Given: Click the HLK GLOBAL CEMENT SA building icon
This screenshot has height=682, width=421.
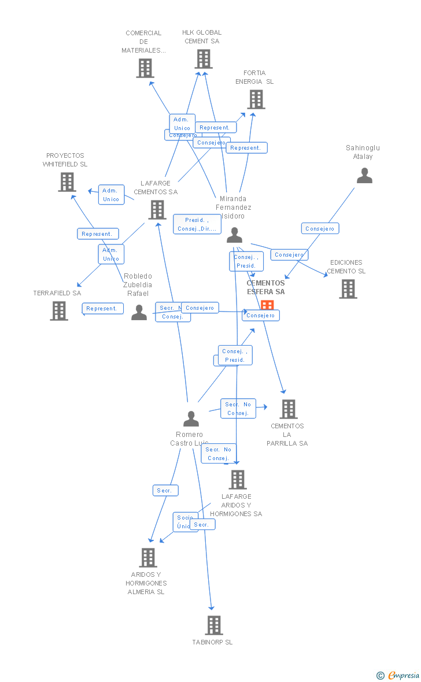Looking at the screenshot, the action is point(204,59).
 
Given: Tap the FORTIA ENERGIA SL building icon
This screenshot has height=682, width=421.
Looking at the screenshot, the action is point(256,99).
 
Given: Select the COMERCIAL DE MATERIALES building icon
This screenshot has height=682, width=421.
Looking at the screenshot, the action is point(145,68).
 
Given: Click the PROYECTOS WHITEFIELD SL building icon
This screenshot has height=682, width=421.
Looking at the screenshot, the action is point(67,182).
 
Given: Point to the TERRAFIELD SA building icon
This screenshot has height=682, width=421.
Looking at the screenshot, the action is point(59,311).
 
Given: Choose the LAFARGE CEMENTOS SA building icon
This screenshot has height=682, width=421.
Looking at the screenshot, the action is point(157,210).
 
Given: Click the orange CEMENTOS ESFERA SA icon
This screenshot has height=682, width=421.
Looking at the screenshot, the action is point(267,305).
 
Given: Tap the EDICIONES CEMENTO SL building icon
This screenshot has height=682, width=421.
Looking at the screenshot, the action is point(348,289).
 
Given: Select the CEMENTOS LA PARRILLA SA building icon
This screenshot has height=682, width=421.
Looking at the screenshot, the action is point(288,409).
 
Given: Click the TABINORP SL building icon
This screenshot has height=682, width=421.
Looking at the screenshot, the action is point(214,625).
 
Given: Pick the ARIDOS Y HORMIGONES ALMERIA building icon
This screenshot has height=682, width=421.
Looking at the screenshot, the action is point(148,558).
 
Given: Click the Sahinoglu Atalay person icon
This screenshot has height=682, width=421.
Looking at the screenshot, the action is point(364,176).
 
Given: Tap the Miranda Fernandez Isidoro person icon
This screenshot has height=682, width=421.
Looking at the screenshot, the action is point(234,235).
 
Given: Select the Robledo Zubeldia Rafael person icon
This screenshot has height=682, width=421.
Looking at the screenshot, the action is point(139,312).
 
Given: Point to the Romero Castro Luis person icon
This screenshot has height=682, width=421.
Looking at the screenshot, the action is point(191,418).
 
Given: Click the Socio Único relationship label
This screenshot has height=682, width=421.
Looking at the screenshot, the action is point(184,522).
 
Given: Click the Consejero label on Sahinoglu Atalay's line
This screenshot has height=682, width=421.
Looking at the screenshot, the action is point(320,229).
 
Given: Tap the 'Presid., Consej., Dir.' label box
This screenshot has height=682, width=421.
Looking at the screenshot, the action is point(197,224).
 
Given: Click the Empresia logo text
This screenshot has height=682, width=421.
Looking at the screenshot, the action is point(403,675).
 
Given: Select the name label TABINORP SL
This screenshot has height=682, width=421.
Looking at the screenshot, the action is point(213,642).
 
